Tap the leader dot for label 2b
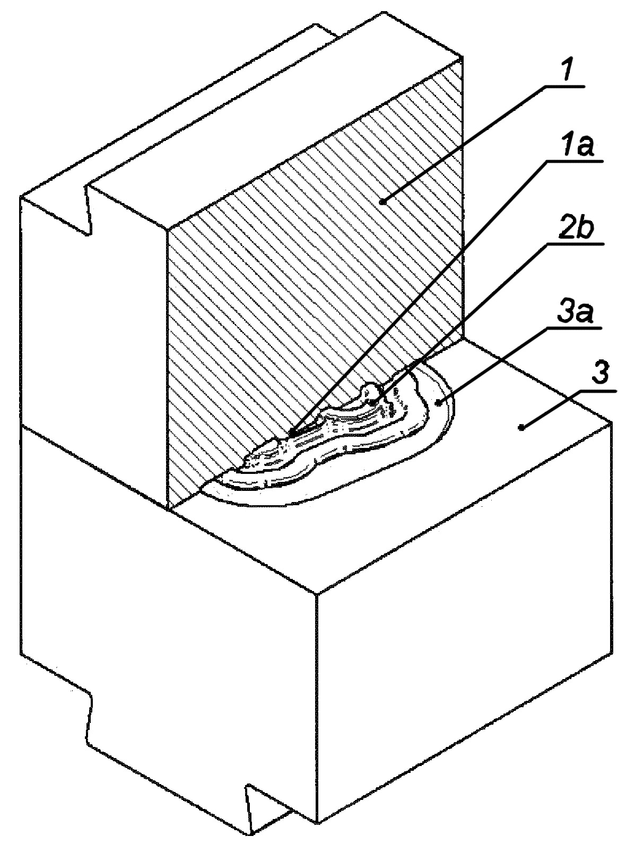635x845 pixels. click(374, 403)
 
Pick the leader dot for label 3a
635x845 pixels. click(438, 403)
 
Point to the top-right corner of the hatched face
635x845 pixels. click(462, 57)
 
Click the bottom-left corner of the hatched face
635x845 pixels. click(168, 510)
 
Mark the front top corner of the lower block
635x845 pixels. click(317, 593)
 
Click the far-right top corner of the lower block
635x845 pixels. click(612, 421)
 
